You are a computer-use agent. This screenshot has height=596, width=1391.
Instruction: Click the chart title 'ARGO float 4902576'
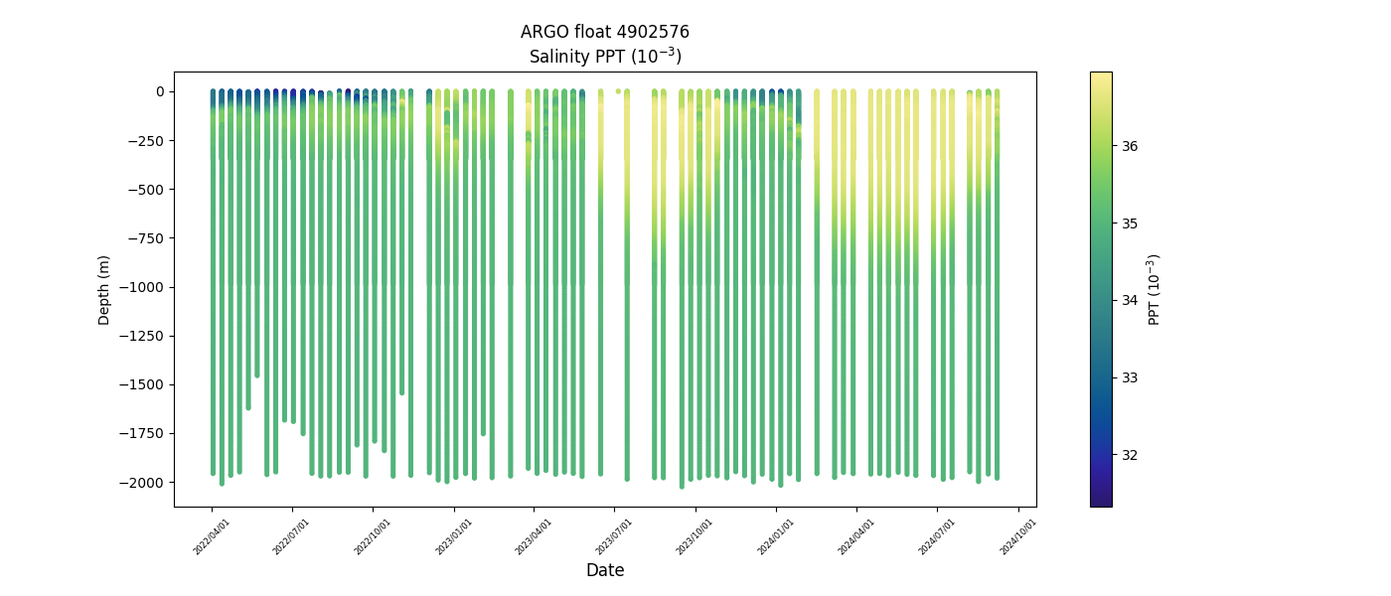point(604,32)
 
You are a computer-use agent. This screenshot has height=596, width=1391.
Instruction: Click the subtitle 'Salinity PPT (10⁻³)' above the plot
point(604,56)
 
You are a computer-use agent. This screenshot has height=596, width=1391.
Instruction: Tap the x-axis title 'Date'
point(604,570)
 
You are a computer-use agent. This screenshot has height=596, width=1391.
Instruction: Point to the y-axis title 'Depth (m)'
point(104,289)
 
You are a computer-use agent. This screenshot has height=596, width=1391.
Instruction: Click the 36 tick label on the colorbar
point(1130,146)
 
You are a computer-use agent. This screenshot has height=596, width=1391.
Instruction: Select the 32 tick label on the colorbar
point(1130,455)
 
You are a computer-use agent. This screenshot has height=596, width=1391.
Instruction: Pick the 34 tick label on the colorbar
point(1130,300)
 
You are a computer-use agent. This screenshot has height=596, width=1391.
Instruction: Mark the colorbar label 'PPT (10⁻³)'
point(1155,289)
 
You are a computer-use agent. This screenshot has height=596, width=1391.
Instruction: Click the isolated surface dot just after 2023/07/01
point(618,91)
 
